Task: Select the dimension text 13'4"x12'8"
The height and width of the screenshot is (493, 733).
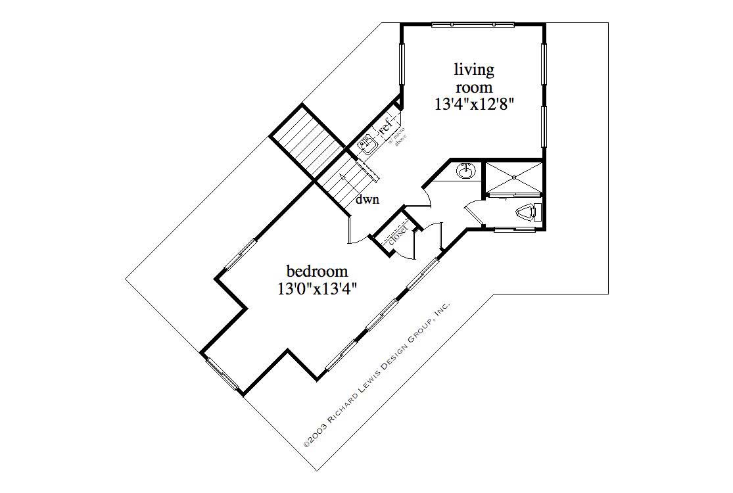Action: [473, 104]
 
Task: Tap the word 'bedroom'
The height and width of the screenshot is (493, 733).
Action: [317, 271]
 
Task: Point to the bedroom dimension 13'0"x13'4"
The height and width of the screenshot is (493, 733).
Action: [317, 288]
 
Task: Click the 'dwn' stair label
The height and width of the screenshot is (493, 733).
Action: [367, 200]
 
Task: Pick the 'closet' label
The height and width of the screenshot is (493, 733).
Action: [398, 235]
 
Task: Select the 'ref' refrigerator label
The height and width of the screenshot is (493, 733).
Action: [385, 125]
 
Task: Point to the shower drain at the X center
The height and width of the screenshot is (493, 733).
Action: [513, 177]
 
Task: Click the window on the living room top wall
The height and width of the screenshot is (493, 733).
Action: [473, 25]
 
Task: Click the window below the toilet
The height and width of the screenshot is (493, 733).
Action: [513, 229]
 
